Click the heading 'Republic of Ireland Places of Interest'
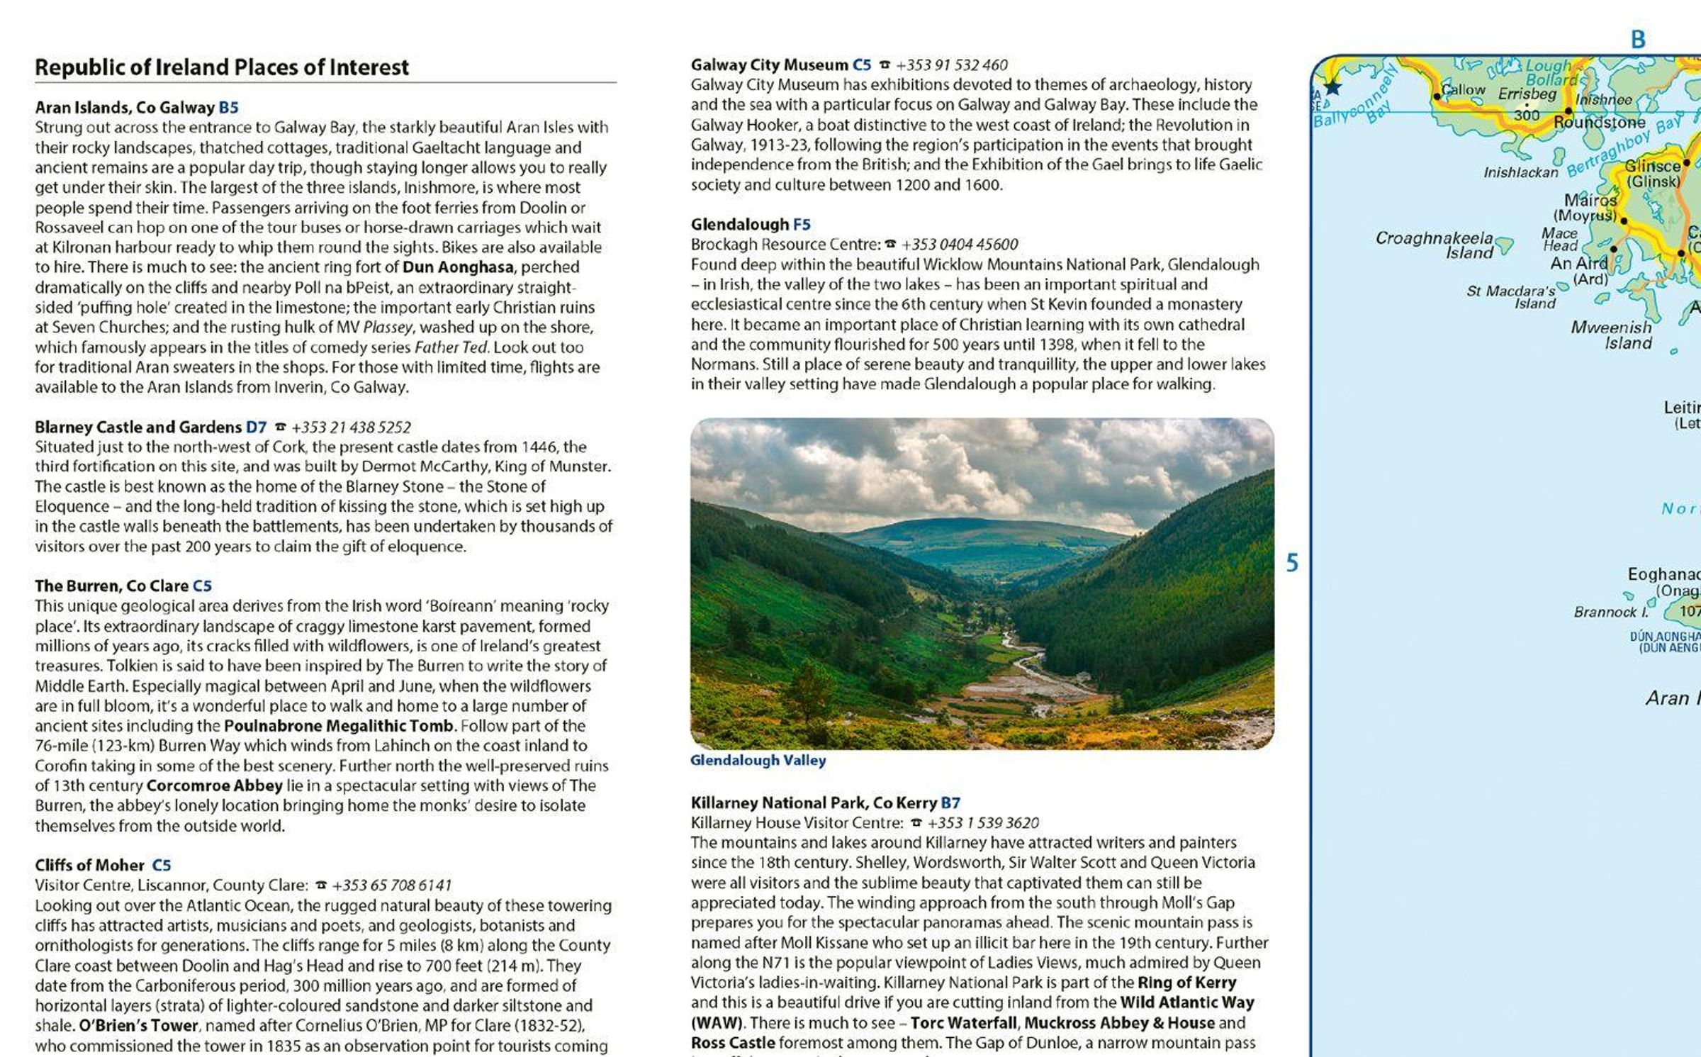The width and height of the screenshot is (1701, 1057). click(222, 67)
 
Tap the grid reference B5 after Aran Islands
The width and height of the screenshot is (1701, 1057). click(228, 108)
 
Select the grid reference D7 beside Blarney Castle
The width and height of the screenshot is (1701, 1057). click(256, 427)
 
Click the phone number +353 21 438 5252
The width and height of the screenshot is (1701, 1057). click(351, 427)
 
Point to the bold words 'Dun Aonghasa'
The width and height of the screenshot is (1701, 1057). click(458, 267)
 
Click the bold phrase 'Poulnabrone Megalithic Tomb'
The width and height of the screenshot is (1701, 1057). click(338, 726)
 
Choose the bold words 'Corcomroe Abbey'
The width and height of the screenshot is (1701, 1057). click(214, 785)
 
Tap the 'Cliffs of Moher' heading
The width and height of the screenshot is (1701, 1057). click(89, 865)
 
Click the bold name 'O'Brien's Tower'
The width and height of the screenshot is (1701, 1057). click(138, 1025)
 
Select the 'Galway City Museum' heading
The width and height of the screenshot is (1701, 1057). click(769, 65)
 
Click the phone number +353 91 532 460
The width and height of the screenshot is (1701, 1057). click(952, 65)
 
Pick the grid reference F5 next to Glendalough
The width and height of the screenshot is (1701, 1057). click(802, 225)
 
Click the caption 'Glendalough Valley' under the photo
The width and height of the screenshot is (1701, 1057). click(758, 761)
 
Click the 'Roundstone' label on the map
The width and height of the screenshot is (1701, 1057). click(1599, 123)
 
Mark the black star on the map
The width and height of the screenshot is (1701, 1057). click(1332, 87)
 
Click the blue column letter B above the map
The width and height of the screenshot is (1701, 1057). click(1638, 40)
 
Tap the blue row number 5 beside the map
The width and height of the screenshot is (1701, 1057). click(1292, 563)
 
